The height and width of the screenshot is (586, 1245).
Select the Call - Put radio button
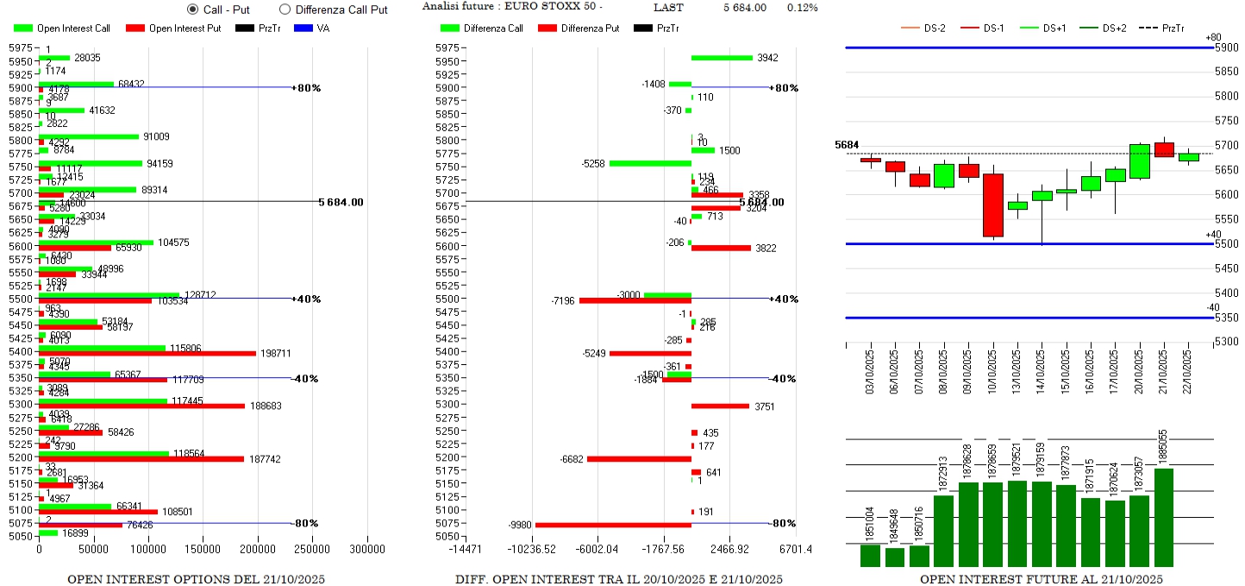point(193,9)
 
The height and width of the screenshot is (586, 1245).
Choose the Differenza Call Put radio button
point(285,9)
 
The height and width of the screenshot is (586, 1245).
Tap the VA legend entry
point(310,28)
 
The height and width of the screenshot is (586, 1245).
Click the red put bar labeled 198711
point(147,353)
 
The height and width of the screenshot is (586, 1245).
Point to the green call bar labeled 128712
point(109,295)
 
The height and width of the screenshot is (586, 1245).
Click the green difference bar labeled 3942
point(722,58)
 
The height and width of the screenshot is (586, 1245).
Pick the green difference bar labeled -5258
point(650,162)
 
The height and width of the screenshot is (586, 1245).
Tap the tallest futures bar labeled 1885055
point(1164,517)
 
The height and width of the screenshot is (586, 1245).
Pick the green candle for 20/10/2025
point(1140,161)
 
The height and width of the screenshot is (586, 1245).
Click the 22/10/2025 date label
point(1189,369)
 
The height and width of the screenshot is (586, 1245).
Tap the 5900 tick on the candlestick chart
point(1226,47)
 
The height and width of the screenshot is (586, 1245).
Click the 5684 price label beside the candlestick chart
point(847,145)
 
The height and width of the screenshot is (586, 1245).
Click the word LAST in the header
point(668,8)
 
